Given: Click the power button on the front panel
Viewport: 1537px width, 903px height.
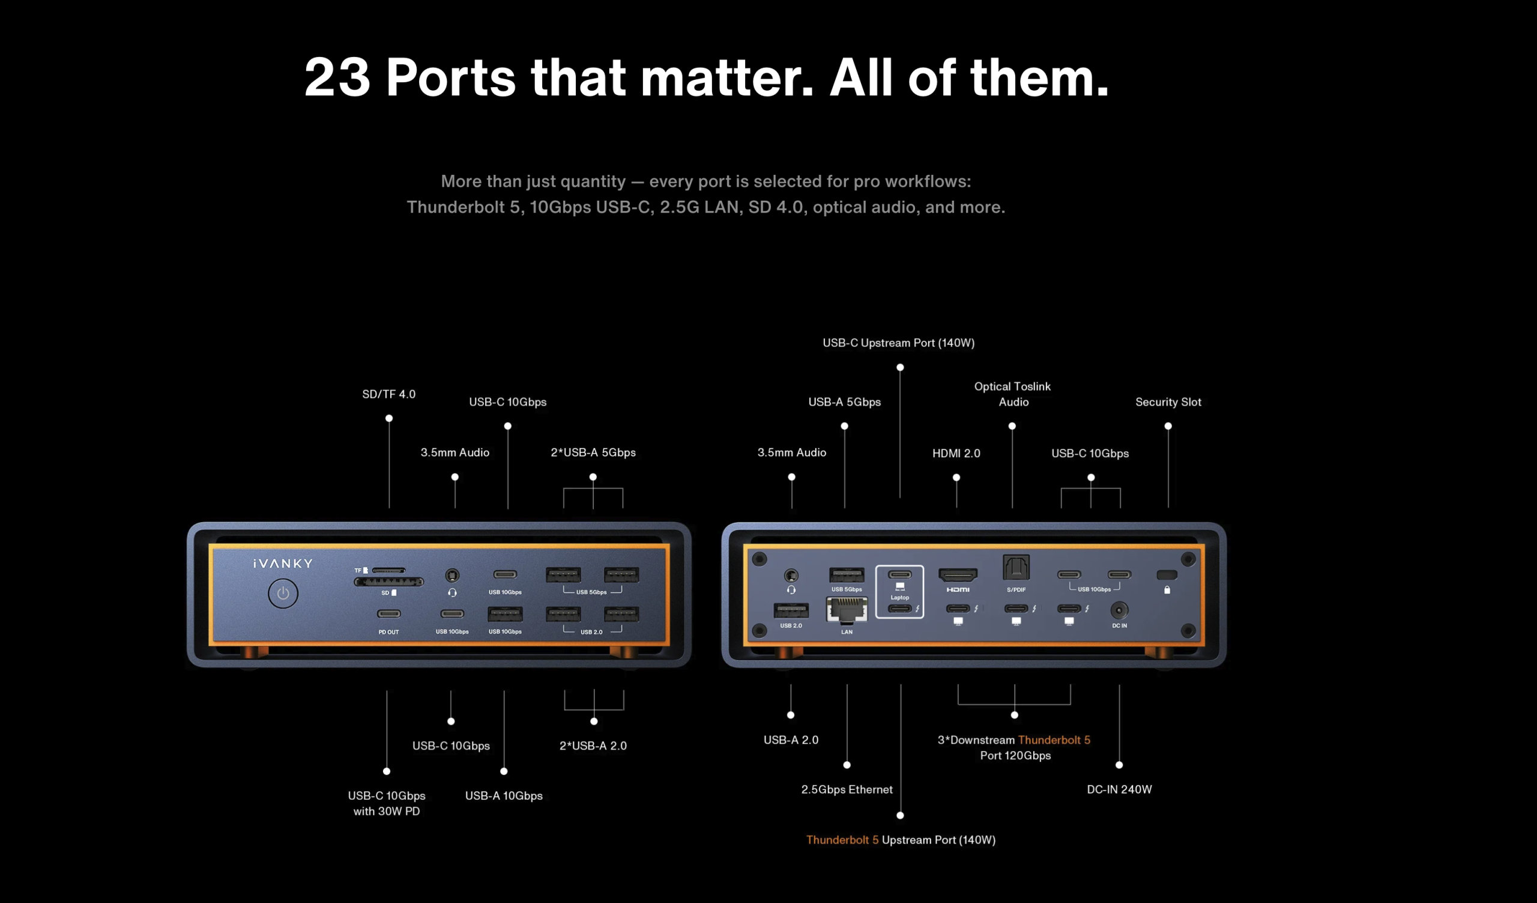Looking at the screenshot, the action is [283, 593].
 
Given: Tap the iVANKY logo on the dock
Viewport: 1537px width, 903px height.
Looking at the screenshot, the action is [283, 563].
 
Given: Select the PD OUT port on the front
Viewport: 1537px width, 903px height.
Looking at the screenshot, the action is [388, 614].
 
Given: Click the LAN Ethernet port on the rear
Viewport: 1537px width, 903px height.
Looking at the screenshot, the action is [847, 610].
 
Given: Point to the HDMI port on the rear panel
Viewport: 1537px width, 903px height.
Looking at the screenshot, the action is [958, 575].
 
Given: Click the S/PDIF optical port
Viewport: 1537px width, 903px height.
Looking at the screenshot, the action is [1016, 567].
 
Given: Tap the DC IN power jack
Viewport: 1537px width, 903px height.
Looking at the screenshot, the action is [1119, 610].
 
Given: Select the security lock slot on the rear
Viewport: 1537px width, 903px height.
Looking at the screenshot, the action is [1167, 575].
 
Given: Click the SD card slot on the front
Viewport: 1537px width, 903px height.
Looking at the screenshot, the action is [388, 582].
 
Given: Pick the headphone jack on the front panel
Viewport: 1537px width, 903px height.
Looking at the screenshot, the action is [452, 575].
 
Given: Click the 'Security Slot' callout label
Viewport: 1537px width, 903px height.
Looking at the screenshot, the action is [1168, 402].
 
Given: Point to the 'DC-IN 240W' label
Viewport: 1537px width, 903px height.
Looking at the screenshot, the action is [1119, 789].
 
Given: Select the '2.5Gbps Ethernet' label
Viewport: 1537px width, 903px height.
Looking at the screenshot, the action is [847, 789].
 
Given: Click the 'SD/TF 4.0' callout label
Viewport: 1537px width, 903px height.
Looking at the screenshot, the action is [388, 394].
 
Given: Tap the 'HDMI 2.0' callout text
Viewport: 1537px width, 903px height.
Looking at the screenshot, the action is [956, 454].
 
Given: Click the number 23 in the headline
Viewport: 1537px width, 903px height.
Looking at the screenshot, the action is [337, 78].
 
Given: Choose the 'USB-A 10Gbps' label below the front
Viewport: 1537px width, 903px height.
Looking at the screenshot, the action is [504, 795].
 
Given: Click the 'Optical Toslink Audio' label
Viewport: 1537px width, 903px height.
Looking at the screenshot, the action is [1012, 394].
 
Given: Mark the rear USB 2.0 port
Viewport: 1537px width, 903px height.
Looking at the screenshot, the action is [791, 610].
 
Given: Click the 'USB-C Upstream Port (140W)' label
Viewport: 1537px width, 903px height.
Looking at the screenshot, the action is [898, 343].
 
